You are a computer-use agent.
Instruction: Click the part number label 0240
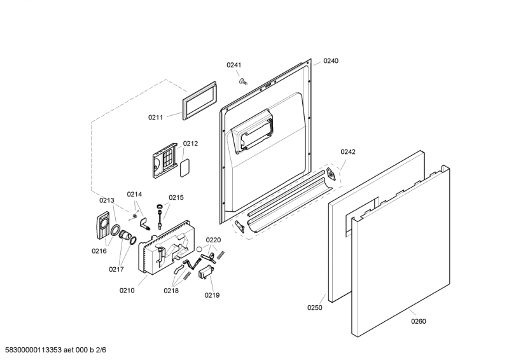point(331,61)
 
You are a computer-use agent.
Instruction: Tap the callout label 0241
point(234,65)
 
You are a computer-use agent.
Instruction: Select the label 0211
point(156,117)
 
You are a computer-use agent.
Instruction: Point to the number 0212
point(190,144)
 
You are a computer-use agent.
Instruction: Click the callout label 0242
point(348,151)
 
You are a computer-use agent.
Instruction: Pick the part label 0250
point(315,308)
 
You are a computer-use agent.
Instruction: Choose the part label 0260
point(418,321)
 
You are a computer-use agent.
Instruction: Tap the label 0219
point(212,295)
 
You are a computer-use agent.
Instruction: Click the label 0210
point(127,291)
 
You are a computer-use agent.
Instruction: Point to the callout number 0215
point(176,197)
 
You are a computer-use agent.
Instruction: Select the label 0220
point(213,240)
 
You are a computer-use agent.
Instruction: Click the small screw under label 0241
point(243,81)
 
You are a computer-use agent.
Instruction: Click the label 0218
point(171,291)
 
